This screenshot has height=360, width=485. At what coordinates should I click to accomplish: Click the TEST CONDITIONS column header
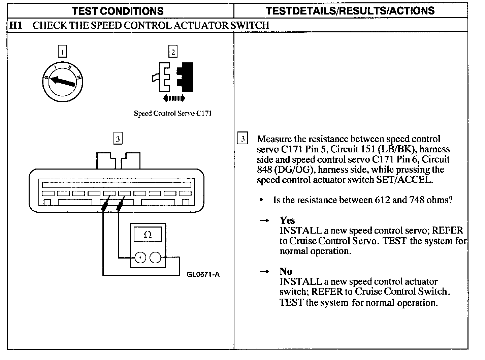[x=118, y=11]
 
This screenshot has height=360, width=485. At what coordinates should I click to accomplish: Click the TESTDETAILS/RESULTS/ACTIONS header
[x=350, y=11]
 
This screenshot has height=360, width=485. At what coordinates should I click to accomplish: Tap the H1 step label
[x=16, y=25]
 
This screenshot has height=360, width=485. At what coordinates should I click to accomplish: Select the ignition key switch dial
[x=63, y=81]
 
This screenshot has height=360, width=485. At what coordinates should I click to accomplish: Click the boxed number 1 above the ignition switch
[x=62, y=52]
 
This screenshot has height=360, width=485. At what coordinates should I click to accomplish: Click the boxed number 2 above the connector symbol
[x=173, y=52]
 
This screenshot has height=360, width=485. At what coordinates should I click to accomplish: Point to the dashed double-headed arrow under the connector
[x=174, y=98]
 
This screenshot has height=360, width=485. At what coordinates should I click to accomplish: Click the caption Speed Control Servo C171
[x=173, y=113]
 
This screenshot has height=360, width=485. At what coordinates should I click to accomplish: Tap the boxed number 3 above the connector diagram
[x=118, y=139]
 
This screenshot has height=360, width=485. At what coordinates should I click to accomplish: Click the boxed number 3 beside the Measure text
[x=243, y=139]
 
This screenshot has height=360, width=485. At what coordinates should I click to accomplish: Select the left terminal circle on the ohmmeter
[x=140, y=258]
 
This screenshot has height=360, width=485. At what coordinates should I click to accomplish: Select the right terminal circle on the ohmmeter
[x=155, y=258]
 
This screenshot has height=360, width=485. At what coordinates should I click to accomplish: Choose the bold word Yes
[x=287, y=220]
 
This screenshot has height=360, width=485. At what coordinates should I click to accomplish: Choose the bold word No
[x=286, y=271]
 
